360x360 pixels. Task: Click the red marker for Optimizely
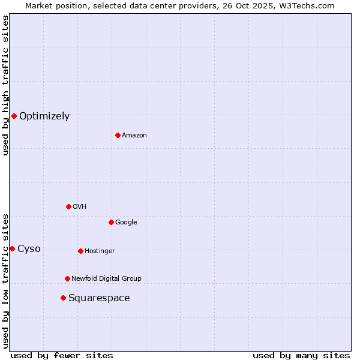14,116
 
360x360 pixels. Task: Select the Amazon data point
118,135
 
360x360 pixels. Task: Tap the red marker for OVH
68,206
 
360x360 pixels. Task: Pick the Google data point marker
111,222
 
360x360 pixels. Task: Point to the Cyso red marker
12,248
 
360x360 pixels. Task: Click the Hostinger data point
80,251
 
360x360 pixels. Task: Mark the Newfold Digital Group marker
67,278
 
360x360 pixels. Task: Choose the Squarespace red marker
63,298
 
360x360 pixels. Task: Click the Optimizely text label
44,116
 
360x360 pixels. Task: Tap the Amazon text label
134,136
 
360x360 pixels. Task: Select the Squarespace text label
99,298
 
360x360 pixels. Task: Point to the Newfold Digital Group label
106,278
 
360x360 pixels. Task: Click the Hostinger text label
100,251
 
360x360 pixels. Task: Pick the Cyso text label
29,249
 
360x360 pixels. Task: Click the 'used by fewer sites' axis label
62,355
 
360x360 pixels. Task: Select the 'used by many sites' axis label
301,355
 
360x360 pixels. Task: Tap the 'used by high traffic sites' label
6,85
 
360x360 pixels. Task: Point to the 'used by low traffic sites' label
6,281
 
